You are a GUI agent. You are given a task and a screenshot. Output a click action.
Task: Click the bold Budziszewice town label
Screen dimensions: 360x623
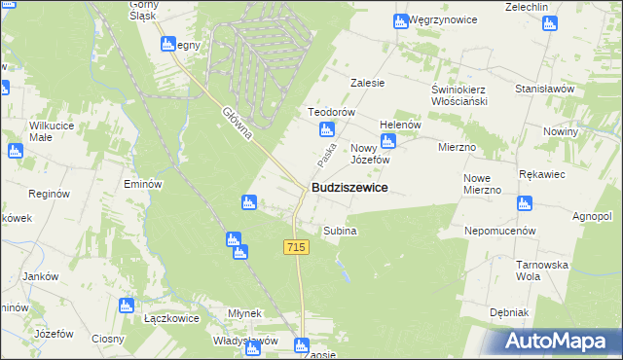(349, 187)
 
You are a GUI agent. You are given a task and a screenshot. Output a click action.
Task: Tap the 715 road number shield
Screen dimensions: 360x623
(297, 248)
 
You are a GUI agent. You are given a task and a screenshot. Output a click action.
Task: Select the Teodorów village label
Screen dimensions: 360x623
(329, 112)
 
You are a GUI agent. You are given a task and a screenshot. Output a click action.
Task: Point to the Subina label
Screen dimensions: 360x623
(340, 232)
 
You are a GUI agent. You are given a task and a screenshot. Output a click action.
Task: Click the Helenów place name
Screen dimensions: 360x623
(400, 125)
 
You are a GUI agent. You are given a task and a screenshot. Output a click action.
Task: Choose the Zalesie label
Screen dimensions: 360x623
(369, 83)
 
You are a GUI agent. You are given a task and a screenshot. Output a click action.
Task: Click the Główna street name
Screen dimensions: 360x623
(237, 124)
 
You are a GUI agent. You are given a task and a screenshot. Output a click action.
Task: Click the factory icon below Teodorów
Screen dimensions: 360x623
(327, 130)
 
